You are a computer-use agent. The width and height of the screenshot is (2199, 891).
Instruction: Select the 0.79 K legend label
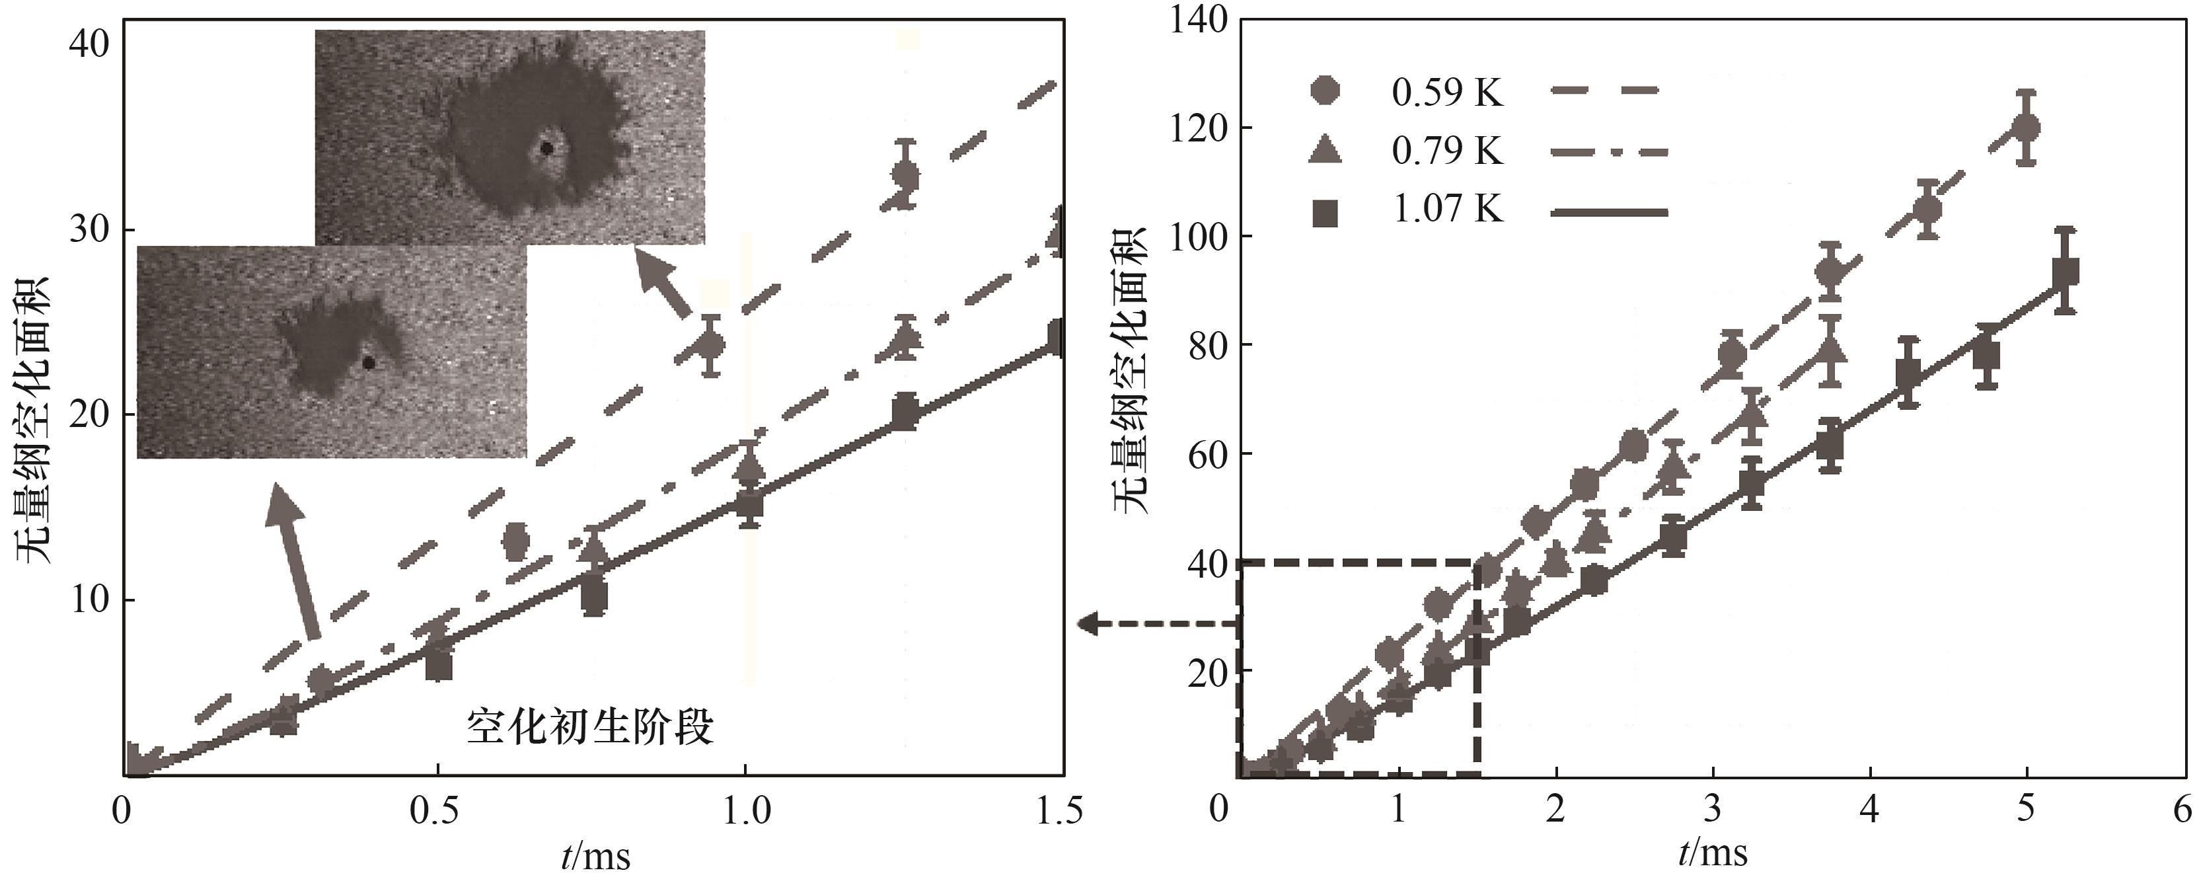(x=1447, y=151)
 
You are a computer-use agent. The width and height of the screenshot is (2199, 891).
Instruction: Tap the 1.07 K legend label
(x=1447, y=208)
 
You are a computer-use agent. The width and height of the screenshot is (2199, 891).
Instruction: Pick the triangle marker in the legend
(x=1325, y=150)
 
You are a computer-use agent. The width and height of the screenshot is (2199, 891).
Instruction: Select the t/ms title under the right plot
(x=1713, y=853)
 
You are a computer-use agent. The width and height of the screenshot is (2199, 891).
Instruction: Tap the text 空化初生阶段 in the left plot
(x=590, y=728)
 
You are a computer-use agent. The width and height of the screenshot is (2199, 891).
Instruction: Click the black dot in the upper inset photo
(x=547, y=149)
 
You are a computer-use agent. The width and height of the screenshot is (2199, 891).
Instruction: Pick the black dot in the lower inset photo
(x=369, y=362)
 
